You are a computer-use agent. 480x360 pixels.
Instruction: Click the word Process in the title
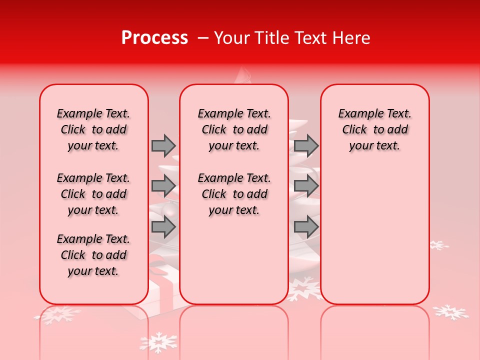tap(154, 38)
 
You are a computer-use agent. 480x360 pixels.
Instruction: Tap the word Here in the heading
tap(351, 38)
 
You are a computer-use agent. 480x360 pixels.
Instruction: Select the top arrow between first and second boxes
tap(163, 146)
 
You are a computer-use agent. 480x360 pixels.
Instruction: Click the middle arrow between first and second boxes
tap(163, 186)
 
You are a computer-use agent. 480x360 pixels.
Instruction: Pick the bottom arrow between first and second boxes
tap(163, 226)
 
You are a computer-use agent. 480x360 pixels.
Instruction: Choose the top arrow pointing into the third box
tap(306, 146)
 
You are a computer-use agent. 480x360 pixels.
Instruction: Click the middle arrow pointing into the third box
tap(306, 186)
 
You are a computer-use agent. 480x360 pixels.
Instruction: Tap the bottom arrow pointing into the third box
tap(306, 226)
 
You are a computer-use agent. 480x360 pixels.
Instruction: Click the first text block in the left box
tap(93, 129)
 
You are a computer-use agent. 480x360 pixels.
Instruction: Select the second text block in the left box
tap(93, 194)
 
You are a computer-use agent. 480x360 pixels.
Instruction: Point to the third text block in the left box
tap(93, 255)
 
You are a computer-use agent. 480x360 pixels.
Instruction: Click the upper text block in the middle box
tap(234, 129)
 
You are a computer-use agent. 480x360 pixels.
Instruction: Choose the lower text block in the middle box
tap(234, 194)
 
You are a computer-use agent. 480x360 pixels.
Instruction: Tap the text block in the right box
tap(375, 129)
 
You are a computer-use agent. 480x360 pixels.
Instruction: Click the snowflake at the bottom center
tap(158, 342)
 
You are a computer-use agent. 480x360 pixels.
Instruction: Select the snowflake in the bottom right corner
tap(450, 312)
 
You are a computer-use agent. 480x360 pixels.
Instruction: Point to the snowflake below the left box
tap(57, 314)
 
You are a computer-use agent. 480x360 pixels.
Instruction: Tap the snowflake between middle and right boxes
tap(304, 289)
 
